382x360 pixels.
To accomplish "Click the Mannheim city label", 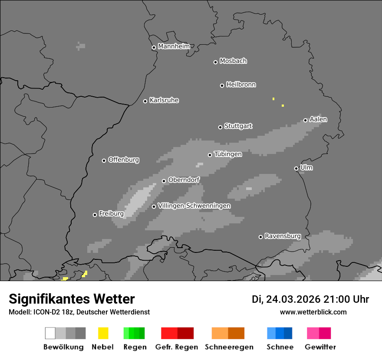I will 174,46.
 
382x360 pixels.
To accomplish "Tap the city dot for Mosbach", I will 215,62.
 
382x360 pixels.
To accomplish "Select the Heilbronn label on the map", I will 241,85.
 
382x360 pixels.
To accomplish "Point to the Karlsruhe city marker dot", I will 145,101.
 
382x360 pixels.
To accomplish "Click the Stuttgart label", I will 238,126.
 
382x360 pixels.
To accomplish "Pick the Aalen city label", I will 318,119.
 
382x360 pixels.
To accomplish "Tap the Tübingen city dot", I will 210,155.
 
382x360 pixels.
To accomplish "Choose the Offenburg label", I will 124,160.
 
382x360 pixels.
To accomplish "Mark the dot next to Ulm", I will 296,168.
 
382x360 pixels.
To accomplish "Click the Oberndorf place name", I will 184,180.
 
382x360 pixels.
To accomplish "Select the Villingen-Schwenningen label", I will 194,206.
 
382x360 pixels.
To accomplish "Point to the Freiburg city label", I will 111,214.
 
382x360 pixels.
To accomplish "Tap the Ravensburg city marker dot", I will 260,237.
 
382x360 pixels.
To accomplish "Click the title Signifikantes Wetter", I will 72,299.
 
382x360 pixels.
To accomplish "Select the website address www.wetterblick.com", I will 313,312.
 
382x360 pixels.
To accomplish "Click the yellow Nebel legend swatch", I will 103,333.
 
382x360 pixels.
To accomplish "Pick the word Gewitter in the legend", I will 320,347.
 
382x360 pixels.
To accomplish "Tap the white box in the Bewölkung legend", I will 50,333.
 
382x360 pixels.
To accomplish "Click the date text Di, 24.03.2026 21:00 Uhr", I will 310,299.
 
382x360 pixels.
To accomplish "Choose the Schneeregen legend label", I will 229,347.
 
